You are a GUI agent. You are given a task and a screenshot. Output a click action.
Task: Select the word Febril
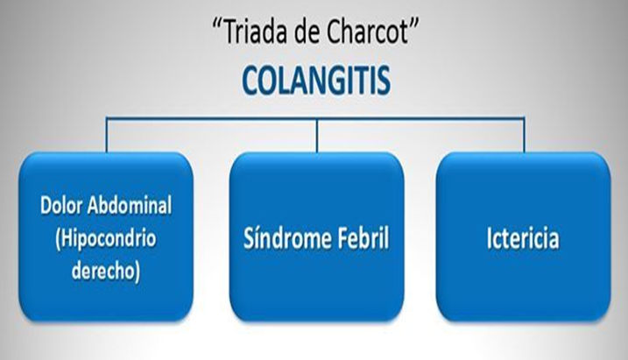point(358,239)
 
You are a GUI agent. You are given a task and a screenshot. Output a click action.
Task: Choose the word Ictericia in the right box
point(523,239)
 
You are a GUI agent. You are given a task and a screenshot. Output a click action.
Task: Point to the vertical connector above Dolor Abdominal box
point(107,137)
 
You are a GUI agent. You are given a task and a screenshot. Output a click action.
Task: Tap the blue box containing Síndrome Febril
point(317,289)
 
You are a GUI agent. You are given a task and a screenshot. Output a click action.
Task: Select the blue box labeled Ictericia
point(523,289)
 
